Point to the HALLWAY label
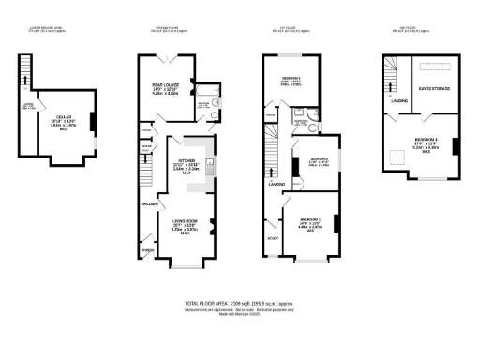pyautogui.click(x=148, y=202)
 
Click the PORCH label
pyautogui.click(x=147, y=249)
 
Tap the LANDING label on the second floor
pyautogui.click(x=398, y=100)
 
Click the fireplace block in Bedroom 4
pyautogui.click(x=454, y=144)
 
